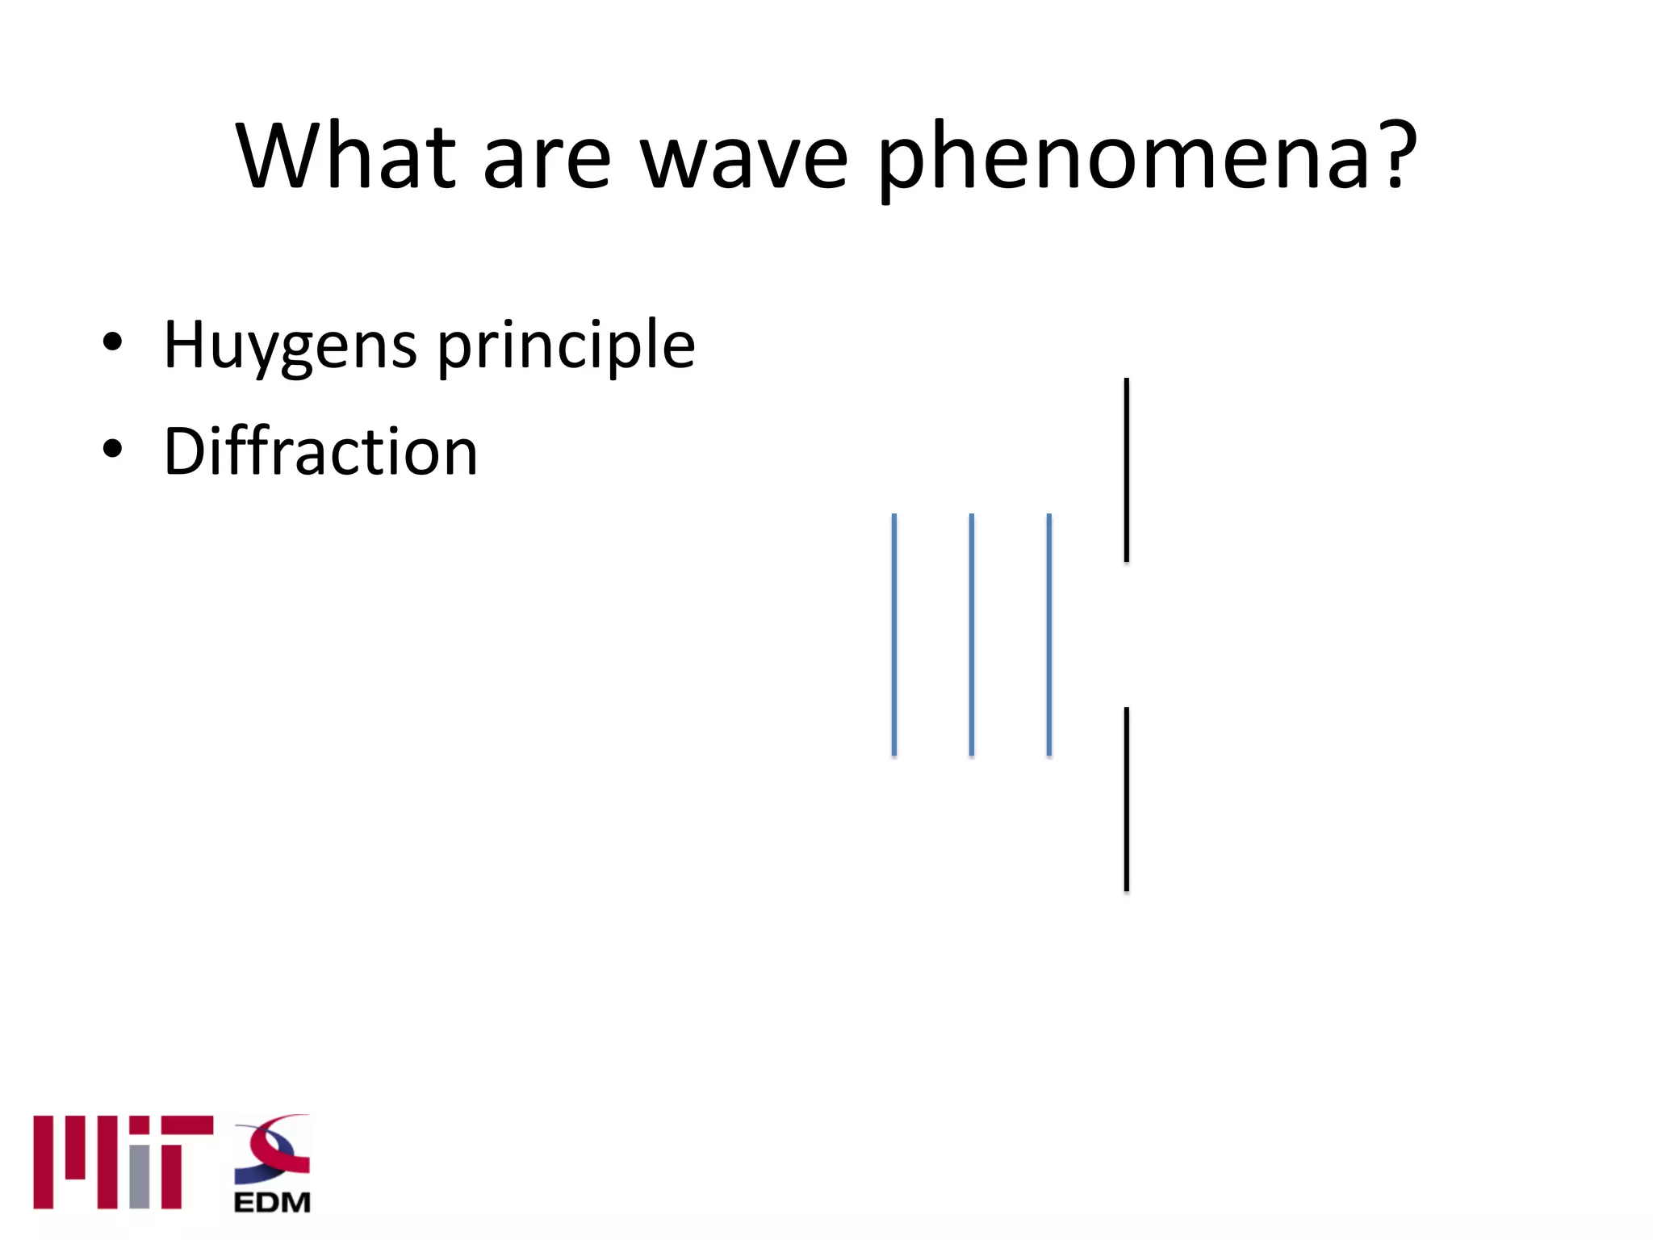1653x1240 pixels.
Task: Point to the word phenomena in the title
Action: point(1123,157)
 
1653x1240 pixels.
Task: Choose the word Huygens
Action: point(291,346)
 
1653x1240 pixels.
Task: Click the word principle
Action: point(566,346)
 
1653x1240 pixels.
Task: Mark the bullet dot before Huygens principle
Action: point(113,342)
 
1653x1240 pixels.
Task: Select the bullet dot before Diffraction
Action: point(113,449)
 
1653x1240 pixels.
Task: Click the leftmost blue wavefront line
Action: point(894,635)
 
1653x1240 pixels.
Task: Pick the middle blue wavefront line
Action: point(972,635)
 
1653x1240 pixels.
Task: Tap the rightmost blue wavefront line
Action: point(1049,635)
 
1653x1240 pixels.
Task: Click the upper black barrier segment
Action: point(1127,470)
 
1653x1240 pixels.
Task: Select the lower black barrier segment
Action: point(1127,799)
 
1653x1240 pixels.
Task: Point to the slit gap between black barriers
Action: point(1127,635)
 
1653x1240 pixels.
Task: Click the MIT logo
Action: point(123,1162)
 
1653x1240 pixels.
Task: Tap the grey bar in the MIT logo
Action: point(140,1176)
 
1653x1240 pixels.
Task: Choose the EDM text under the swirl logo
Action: point(272,1203)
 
